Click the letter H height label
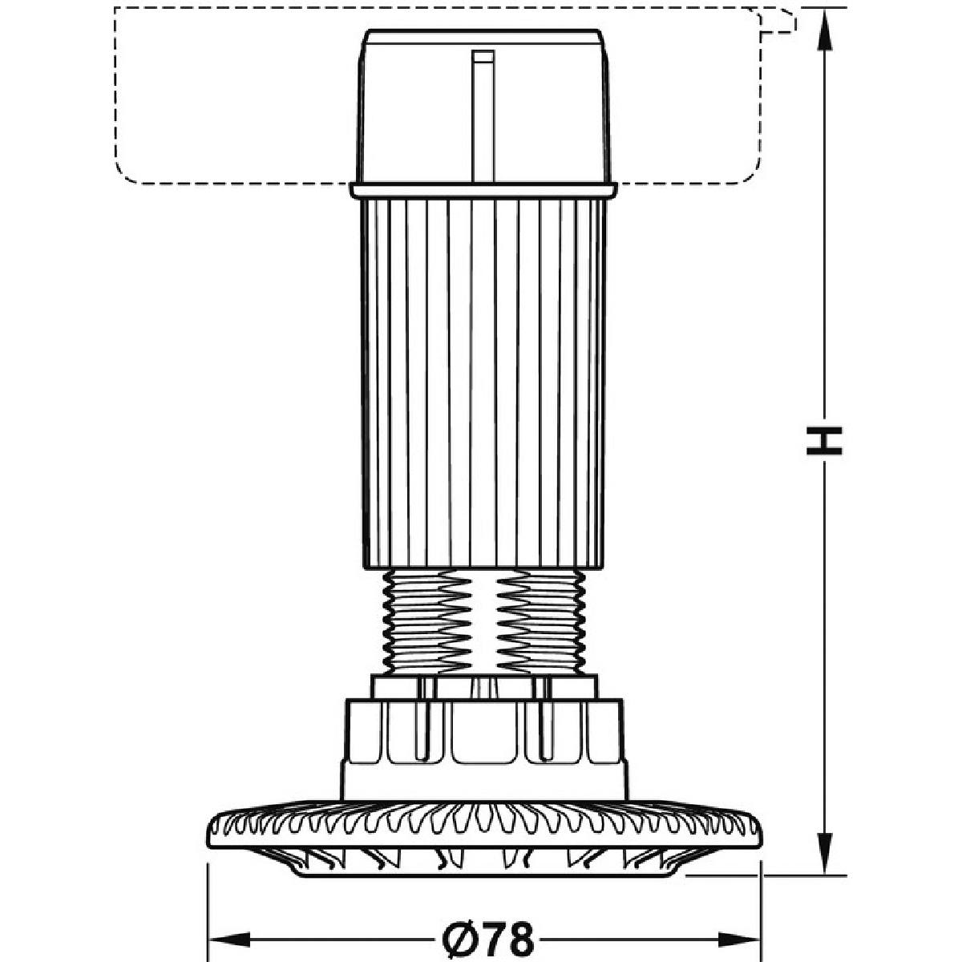point(824,441)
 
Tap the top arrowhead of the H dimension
point(824,30)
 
